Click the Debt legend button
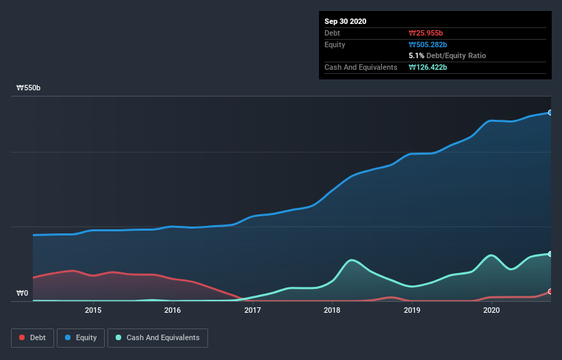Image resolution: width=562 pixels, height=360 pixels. pyautogui.click(x=31, y=337)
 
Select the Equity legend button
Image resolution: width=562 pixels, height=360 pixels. pyautogui.click(x=80, y=337)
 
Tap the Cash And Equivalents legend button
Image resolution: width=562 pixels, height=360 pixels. pyautogui.click(x=157, y=337)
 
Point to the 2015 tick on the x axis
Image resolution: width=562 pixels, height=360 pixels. pyautogui.click(x=93, y=310)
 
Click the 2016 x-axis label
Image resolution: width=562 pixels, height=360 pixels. pyautogui.click(x=173, y=310)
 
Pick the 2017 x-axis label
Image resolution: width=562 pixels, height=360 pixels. pyautogui.click(x=253, y=310)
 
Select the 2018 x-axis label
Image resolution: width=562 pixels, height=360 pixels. pyautogui.click(x=332, y=310)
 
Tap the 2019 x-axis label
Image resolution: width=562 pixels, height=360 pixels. pyautogui.click(x=412, y=310)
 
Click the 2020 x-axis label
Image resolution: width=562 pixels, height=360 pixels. pyautogui.click(x=491, y=310)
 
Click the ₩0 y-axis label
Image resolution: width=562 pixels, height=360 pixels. pyautogui.click(x=23, y=294)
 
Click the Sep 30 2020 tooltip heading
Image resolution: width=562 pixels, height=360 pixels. pyautogui.click(x=346, y=21)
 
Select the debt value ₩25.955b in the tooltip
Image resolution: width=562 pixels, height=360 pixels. pyautogui.click(x=427, y=33)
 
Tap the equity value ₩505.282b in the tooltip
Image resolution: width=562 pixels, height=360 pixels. pyautogui.click(x=429, y=44)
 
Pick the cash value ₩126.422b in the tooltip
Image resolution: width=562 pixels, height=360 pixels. pyautogui.click(x=429, y=67)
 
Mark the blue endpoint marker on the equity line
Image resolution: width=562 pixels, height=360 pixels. pyautogui.click(x=550, y=112)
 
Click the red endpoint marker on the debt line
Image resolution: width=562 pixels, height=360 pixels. pyautogui.click(x=550, y=292)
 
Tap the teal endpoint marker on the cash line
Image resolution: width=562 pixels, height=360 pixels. pyautogui.click(x=550, y=254)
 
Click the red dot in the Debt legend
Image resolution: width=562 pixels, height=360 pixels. pyautogui.click(x=23, y=337)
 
